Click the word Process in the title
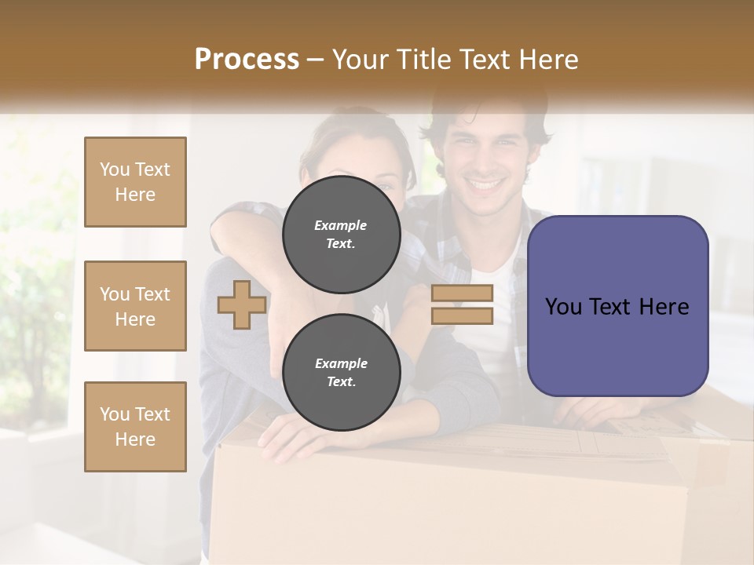point(247,60)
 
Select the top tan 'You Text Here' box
point(135,182)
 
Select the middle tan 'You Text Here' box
point(135,306)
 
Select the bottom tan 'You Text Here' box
point(135,427)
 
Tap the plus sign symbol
point(241,304)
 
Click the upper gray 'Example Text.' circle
point(341,234)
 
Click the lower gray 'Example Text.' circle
point(341,372)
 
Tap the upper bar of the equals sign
point(462,293)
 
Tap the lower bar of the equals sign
point(462,315)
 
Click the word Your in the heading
point(360,60)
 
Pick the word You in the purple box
point(563,307)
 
